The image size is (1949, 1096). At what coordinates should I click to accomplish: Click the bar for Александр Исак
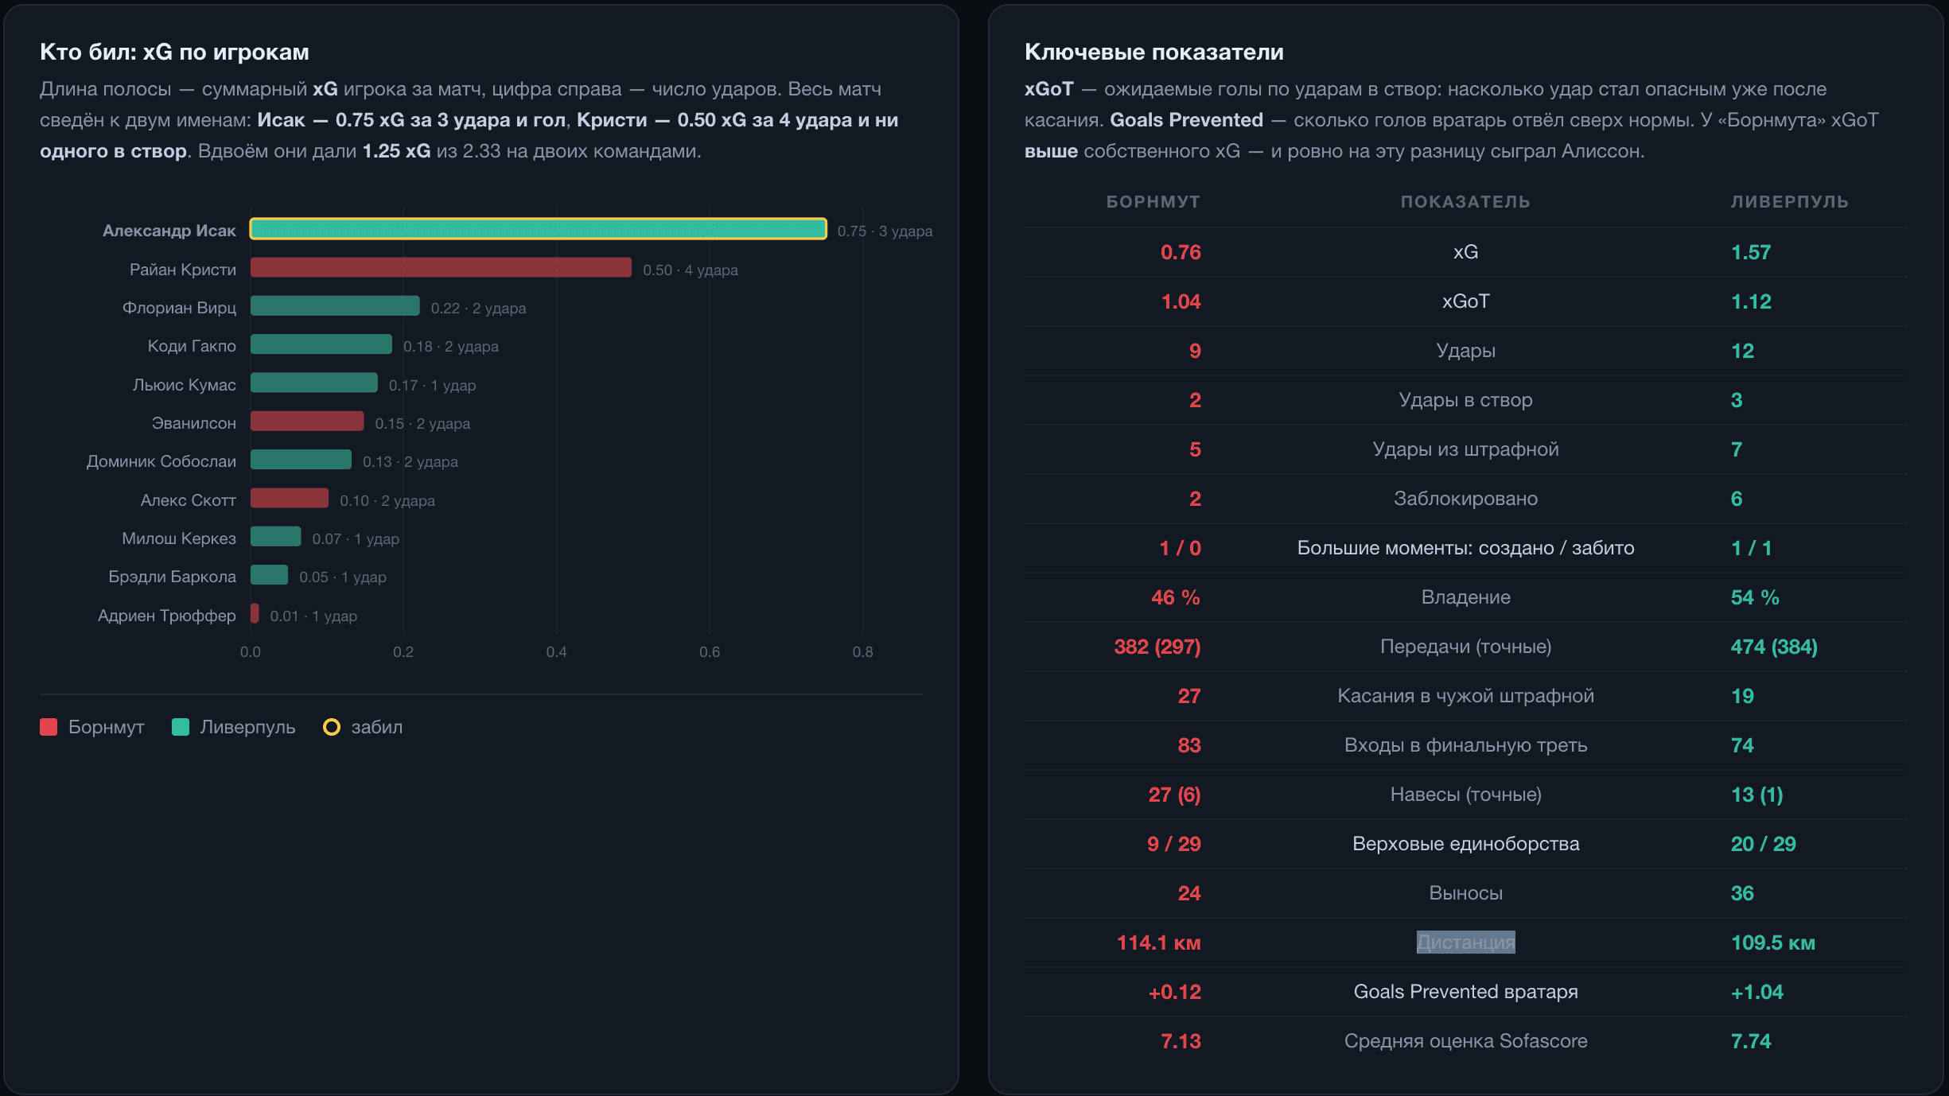[539, 229]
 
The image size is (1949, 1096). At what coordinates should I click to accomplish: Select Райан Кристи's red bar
[441, 267]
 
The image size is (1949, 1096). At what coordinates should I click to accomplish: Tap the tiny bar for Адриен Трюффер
[255, 613]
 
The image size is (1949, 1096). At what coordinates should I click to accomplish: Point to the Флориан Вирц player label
[179, 308]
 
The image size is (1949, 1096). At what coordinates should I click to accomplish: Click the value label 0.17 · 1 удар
[432, 385]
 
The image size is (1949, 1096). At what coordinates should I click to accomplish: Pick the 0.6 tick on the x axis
[710, 652]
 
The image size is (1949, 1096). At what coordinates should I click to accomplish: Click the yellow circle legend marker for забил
[332, 727]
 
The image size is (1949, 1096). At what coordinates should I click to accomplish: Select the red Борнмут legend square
[49, 727]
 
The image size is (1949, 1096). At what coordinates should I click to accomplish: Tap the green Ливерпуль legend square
[181, 727]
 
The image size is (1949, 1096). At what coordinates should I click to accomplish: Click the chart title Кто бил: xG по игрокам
[174, 52]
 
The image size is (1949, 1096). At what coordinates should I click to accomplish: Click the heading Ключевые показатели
[1154, 52]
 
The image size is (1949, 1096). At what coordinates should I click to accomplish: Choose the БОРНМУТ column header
[1153, 202]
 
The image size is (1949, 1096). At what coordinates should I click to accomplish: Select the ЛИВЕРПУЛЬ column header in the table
[1789, 202]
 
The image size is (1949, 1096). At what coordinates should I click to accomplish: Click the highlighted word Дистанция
[1465, 942]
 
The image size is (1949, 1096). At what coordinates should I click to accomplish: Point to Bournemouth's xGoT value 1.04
[1181, 301]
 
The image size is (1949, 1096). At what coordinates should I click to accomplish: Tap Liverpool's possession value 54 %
[1755, 597]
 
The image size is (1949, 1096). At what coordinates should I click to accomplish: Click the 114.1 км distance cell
[1158, 942]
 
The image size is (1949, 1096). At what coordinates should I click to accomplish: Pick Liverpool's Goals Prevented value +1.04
[1756, 992]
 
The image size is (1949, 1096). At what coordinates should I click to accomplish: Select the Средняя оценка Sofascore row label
[1465, 1041]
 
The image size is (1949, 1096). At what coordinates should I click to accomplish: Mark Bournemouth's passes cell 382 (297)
[1157, 647]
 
